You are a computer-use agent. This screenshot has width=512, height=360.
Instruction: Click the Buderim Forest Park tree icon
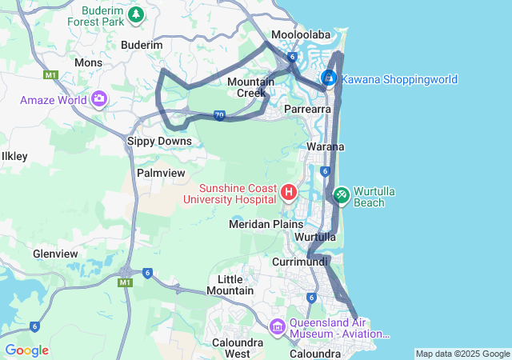click(137, 14)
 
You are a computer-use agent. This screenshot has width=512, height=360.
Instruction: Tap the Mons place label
click(87, 62)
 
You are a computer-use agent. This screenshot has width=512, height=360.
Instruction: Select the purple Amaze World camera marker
click(99, 99)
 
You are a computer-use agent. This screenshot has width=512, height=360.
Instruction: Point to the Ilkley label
click(14, 156)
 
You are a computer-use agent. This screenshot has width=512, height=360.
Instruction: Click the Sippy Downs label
click(159, 141)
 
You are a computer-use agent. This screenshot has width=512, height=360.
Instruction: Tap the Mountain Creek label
click(250, 87)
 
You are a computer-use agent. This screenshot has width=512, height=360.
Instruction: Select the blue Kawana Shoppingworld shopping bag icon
click(328, 79)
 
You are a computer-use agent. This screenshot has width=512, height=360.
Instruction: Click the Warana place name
click(326, 146)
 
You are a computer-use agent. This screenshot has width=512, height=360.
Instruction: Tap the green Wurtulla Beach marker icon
click(341, 193)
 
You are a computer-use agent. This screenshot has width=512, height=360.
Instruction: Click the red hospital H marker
click(289, 192)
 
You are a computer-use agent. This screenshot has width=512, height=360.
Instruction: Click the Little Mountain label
click(230, 284)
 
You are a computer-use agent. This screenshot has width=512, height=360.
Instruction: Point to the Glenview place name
click(55, 254)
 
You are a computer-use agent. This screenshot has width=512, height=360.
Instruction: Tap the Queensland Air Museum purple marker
click(277, 326)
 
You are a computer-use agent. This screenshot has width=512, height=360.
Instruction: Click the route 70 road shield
click(219, 116)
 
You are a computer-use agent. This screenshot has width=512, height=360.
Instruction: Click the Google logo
click(26, 350)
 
